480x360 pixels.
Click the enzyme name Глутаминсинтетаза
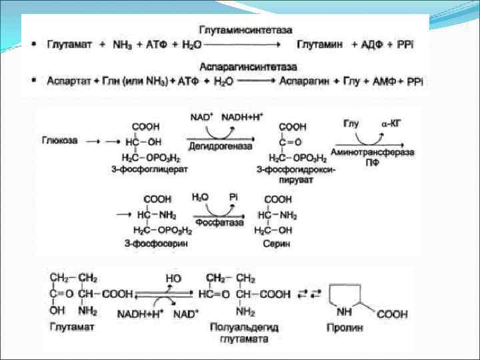point(245,31)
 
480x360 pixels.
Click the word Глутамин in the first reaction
point(320,45)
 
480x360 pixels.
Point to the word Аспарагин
point(305,81)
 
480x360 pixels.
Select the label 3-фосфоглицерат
point(149,169)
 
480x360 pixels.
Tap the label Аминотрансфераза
point(376,152)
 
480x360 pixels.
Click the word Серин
point(277,243)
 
